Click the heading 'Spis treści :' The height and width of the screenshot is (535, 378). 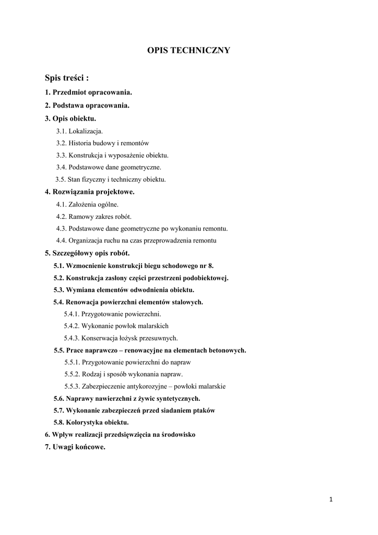[67, 78]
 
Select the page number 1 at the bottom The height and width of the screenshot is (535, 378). [331, 499]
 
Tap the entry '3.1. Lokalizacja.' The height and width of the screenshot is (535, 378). [79, 131]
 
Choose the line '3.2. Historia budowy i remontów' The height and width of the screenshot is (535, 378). [103, 143]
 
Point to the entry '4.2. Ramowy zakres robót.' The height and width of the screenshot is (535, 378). [94, 216]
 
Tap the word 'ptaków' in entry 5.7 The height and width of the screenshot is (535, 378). [204, 411]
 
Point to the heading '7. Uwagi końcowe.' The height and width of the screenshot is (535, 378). [75, 447]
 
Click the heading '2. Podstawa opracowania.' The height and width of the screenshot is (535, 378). [87, 105]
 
